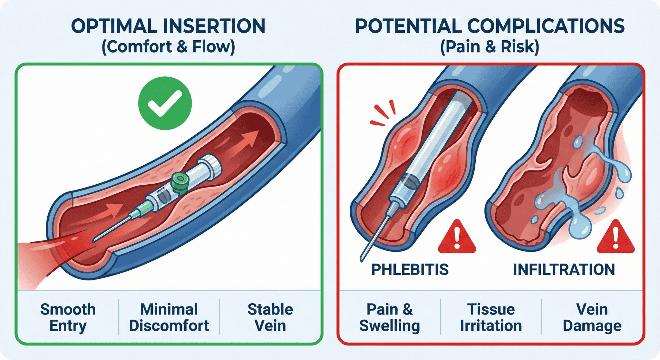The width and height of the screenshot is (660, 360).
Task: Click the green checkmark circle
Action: point(165,103)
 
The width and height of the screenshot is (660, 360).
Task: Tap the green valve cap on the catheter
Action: point(179,182)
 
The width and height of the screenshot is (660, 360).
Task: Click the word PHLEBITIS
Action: point(410,269)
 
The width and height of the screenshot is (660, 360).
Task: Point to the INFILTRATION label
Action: point(564,269)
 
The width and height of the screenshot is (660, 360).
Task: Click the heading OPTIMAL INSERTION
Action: point(168,26)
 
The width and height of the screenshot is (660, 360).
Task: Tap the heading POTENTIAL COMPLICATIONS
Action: point(490,26)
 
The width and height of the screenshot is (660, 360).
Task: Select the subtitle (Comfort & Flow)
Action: point(168,47)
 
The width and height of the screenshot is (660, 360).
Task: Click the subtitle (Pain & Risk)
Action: point(490,47)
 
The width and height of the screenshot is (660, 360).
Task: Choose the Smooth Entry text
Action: point(68,317)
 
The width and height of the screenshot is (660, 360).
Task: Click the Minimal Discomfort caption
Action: point(169,317)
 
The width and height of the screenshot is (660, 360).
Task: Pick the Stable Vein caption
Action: point(270,317)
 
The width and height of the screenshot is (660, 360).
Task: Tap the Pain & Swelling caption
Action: point(390,317)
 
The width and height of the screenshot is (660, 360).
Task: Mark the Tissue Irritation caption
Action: point(491,317)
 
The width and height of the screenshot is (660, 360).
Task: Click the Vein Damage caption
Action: point(592,317)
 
